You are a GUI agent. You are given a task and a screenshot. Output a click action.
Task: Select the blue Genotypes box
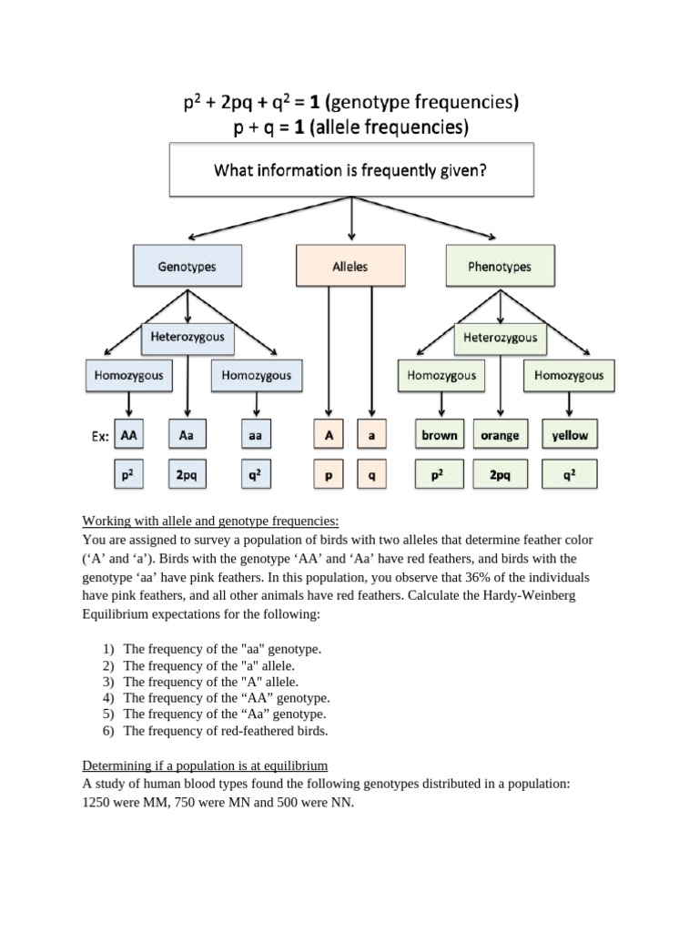coord(187,267)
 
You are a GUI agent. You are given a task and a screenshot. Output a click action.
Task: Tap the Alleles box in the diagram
coord(349,267)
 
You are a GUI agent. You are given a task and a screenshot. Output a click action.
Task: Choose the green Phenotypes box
coord(499,267)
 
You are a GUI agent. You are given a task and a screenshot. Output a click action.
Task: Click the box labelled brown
coord(439,435)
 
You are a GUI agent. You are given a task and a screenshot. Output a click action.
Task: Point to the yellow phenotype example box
coord(570,435)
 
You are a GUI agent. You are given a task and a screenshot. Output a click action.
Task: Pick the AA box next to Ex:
coord(129,435)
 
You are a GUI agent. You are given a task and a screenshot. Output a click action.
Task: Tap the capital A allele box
coord(328,435)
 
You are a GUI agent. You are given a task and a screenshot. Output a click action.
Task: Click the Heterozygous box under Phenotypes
coord(499,338)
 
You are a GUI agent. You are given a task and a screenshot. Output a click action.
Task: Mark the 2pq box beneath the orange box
coord(499,474)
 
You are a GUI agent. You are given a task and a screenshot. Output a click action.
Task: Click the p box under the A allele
coord(328,474)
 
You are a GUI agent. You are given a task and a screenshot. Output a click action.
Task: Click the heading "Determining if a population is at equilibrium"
coord(205,765)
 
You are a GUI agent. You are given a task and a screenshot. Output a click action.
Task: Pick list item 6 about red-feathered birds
coord(225,731)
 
